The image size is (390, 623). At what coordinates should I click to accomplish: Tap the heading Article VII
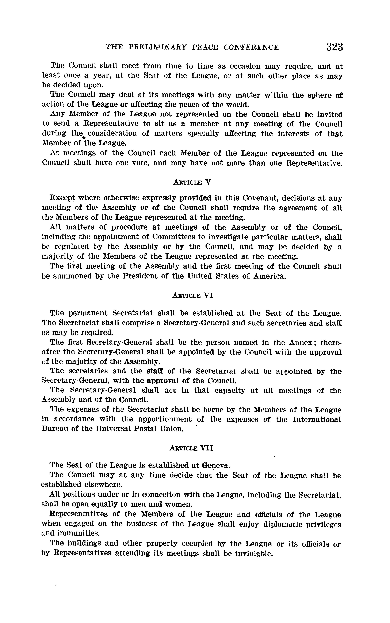[x=191, y=448]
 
